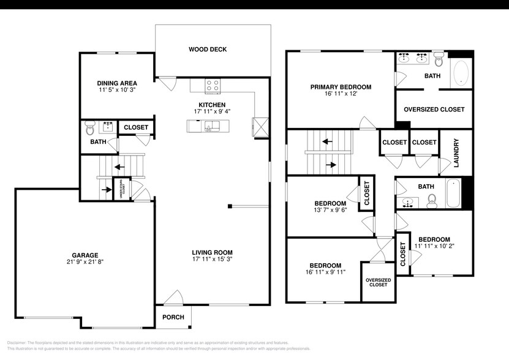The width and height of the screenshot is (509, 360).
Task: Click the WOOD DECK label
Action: click(208, 49)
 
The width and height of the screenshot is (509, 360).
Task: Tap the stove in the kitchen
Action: click(213, 86)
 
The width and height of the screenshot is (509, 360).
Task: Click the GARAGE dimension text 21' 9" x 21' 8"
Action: click(85, 263)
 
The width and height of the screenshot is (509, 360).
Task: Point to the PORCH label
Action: click(173, 317)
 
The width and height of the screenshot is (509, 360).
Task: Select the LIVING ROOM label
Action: click(212, 252)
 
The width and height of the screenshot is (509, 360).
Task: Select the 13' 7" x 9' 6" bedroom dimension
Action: click(330, 211)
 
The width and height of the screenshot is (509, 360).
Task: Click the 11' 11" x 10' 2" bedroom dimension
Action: click(434, 246)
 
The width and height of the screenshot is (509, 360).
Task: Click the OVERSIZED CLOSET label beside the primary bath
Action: click(434, 110)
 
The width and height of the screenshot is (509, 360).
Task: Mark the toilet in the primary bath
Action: click(439, 59)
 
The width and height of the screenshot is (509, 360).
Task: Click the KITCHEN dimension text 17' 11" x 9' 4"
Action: click(212, 112)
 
